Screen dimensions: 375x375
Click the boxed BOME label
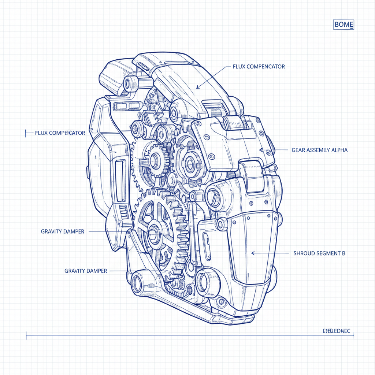[x=344, y=25]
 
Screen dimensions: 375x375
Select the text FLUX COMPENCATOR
[x=259, y=67]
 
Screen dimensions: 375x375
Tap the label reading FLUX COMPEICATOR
[x=60, y=133]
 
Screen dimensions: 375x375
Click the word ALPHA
[x=339, y=150]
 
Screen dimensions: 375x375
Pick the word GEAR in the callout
[x=298, y=150]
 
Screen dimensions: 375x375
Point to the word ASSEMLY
[x=318, y=150]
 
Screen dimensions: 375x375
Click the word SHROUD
[x=304, y=253]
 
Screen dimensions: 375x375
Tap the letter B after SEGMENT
[x=343, y=253]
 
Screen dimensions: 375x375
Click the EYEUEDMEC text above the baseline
[x=337, y=331]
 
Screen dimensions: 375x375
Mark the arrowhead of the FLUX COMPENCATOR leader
[x=197, y=88]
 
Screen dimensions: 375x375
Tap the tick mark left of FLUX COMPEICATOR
[x=26, y=133]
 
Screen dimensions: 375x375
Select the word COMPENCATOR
[x=266, y=67]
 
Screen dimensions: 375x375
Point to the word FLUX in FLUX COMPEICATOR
[x=41, y=133]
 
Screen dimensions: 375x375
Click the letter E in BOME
[x=350, y=25]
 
